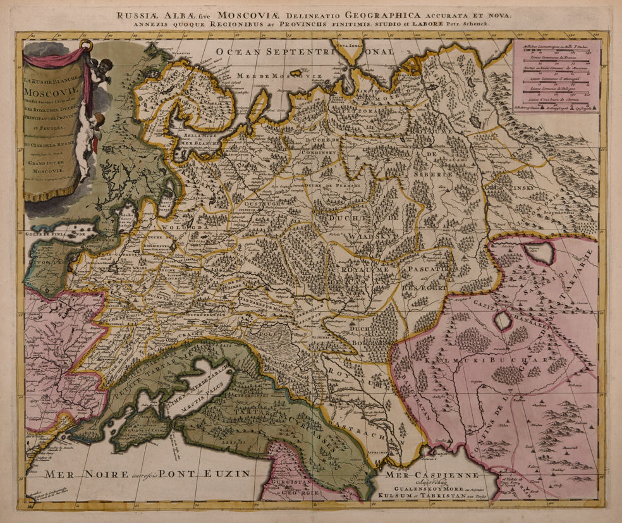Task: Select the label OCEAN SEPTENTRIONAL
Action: pyautogui.click(x=303, y=51)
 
